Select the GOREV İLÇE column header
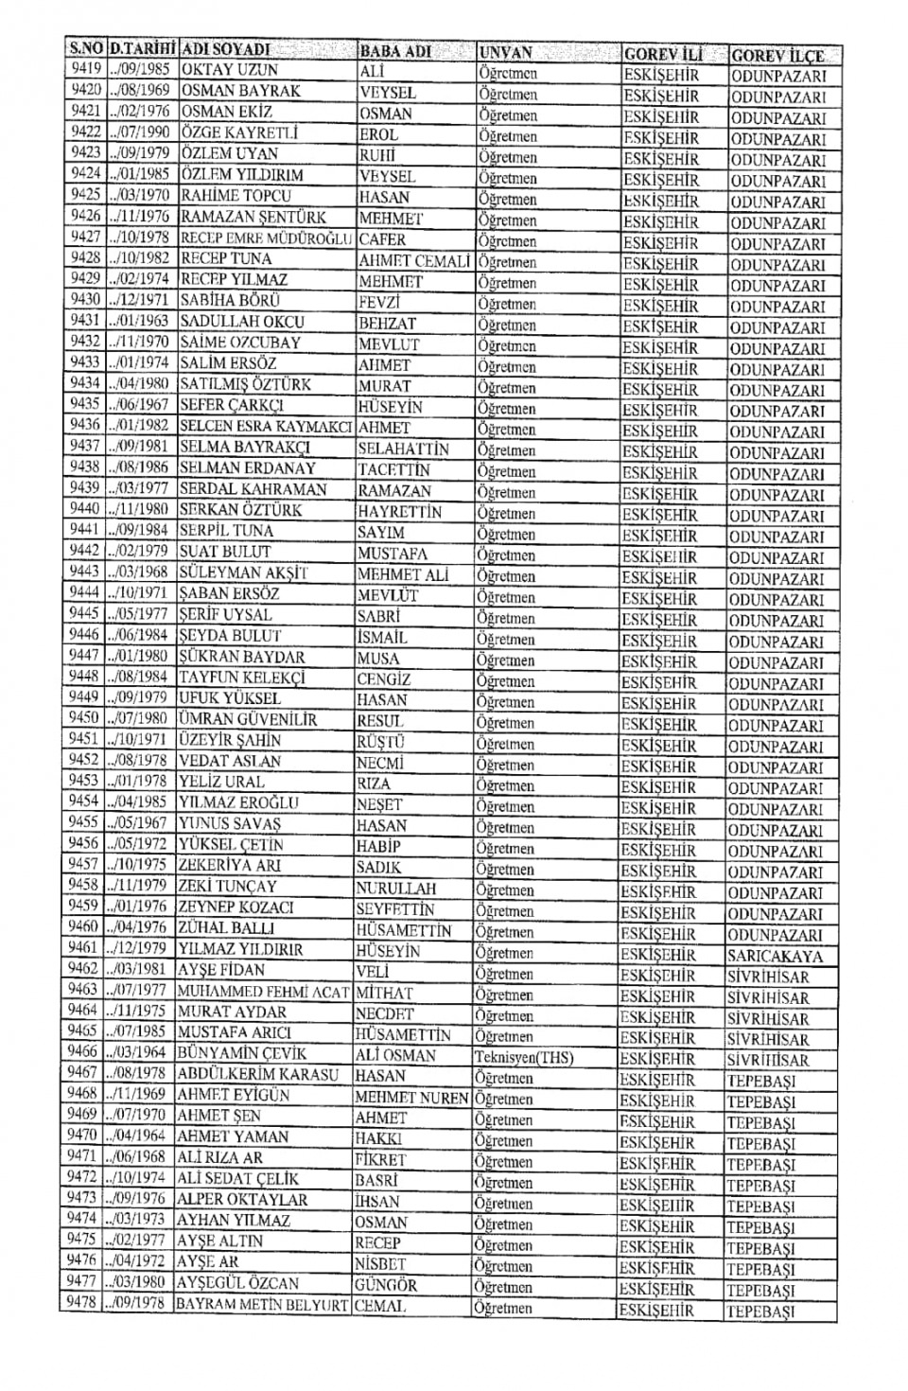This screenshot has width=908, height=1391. tap(777, 55)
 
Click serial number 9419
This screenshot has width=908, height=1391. tap(86, 69)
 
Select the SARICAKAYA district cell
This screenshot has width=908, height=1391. tap(775, 955)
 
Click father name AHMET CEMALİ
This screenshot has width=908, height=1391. tap(413, 261)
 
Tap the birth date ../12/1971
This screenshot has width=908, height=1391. tap(139, 300)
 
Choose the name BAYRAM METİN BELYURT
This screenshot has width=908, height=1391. tap(262, 1304)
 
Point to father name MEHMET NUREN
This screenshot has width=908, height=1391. tap(411, 1098)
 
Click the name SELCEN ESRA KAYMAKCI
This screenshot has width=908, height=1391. tap(266, 426)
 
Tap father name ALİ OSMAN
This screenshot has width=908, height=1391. tap(396, 1055)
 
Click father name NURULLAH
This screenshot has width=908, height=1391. tap(396, 888)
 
